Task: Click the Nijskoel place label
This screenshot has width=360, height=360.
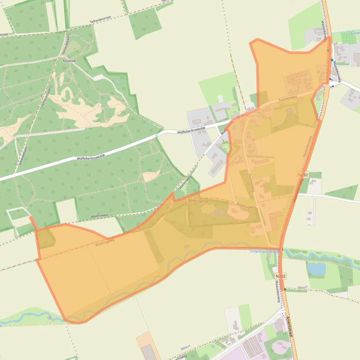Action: click(x=69, y=61)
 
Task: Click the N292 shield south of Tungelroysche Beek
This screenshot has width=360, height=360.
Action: click(x=280, y=276)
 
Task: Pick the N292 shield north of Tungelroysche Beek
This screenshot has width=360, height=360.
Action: click(x=303, y=174)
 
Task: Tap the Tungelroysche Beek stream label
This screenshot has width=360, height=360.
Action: click(x=265, y=252)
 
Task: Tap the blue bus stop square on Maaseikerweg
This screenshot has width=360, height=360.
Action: click(x=332, y=60)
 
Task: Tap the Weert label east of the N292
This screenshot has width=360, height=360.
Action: click(x=302, y=288)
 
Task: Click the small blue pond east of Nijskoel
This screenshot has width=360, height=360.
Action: click(x=116, y=81)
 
